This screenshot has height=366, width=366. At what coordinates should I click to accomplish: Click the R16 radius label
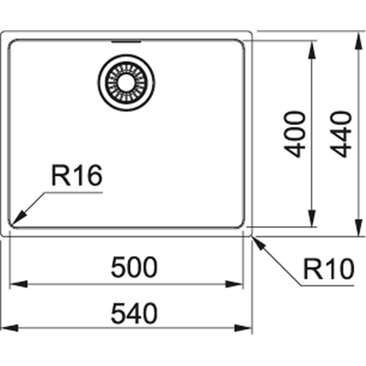pos(76,175)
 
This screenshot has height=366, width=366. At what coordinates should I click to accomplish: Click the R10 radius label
pos(328,269)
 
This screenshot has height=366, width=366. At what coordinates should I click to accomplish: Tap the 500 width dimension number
pos(134,268)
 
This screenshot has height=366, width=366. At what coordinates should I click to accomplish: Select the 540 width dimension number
pos(134,314)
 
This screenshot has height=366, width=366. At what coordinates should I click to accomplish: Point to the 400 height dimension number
pos(296,134)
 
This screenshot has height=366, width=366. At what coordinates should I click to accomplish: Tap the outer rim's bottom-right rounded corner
pos(250,234)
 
